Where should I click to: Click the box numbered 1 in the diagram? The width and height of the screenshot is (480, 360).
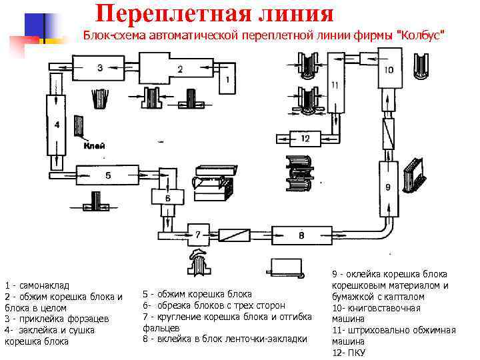(227, 79)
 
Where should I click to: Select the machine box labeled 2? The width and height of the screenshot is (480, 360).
(179, 69)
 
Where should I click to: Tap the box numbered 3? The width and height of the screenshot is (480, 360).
(99, 67)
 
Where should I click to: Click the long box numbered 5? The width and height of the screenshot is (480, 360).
(108, 175)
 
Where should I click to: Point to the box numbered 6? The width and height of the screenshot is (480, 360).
(167, 197)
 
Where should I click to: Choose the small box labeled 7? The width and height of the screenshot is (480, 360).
(197, 234)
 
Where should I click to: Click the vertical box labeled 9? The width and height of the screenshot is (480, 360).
(387, 187)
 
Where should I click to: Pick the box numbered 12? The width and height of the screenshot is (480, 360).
(305, 139)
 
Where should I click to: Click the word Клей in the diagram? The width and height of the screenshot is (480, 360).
(94, 145)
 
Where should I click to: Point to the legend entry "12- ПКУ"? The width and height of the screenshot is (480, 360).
(348, 353)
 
